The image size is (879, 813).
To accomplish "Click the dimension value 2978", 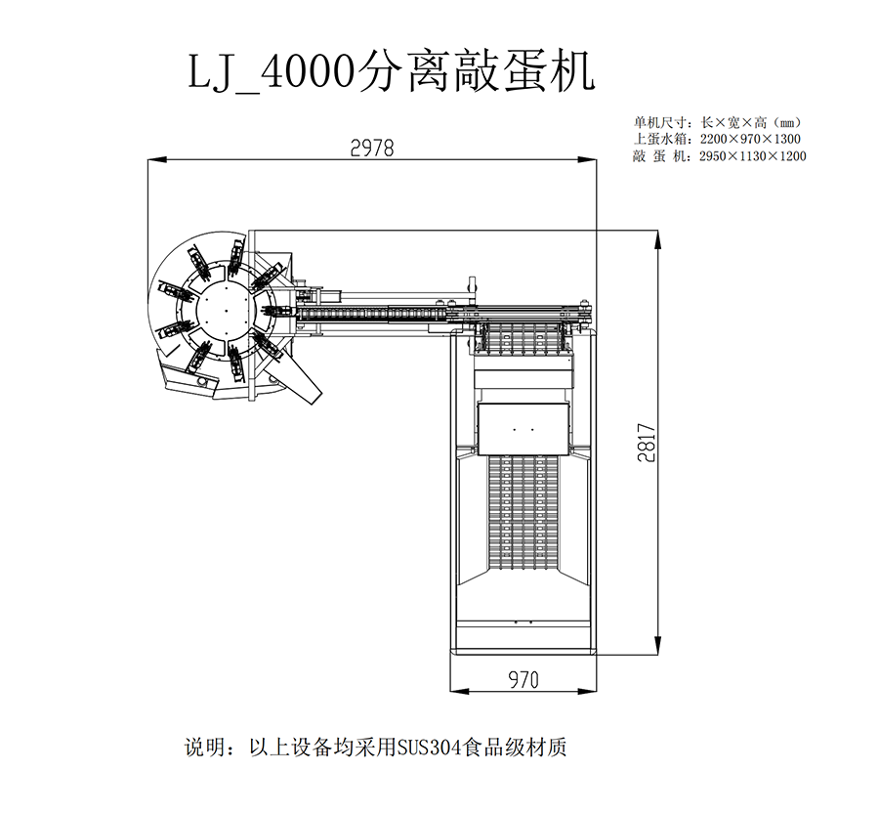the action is (x=372, y=148).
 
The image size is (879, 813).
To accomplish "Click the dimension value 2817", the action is (x=646, y=443).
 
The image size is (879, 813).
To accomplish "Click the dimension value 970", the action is (x=523, y=679).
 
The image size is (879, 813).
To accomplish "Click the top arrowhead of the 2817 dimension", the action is (x=657, y=239).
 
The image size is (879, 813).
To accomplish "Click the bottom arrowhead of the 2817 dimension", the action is (x=657, y=644).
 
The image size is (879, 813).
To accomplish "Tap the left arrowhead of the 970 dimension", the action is (x=460, y=691).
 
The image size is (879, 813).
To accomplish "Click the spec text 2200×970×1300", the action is (x=750, y=139).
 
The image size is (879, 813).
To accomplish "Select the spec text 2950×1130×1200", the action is (x=752, y=156).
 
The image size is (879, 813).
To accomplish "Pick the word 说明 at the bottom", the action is (x=205, y=748).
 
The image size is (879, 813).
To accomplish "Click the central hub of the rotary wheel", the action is (x=226, y=310).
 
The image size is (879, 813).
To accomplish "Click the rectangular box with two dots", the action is (x=523, y=429).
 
